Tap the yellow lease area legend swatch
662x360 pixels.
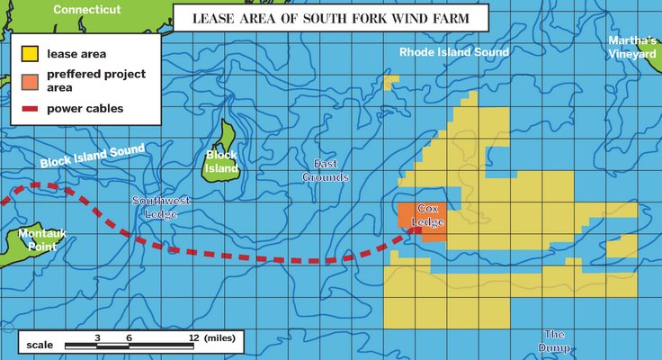coord(30,53)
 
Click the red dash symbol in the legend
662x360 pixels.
coord(30,109)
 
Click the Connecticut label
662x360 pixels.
coord(86,9)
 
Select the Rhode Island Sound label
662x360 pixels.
coord(454,52)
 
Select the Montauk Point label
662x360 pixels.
coord(41,239)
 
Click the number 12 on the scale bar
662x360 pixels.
coord(192,337)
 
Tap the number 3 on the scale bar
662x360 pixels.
coord(96,337)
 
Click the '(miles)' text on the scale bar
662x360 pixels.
coord(220,337)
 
